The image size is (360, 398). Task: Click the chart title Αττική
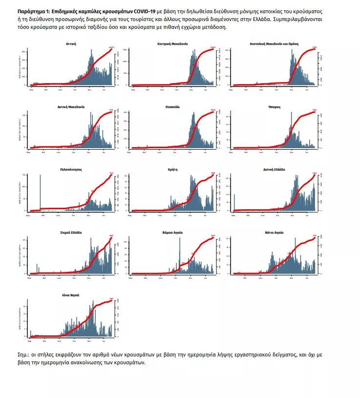click(x=71, y=44)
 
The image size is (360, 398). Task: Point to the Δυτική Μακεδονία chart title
click(x=71, y=106)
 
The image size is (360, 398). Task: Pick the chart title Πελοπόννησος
click(x=71, y=169)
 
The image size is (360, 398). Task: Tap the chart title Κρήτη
click(x=172, y=169)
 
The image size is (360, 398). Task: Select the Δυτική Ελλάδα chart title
click(x=274, y=169)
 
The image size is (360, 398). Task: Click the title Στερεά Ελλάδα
click(x=71, y=232)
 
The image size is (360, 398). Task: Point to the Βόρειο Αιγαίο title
click(x=172, y=232)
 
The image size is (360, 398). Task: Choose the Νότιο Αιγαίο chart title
click(x=274, y=232)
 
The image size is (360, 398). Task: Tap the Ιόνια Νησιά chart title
click(x=71, y=295)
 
